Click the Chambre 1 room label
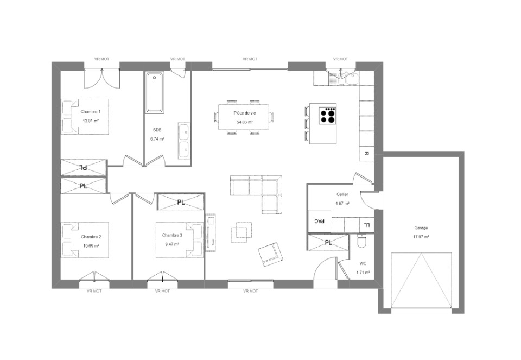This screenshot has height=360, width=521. [91, 112]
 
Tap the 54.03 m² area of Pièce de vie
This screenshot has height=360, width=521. [245, 122]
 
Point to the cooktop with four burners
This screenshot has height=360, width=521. [327, 116]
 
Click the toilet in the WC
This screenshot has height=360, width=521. [361, 241]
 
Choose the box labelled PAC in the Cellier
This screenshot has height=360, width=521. [319, 221]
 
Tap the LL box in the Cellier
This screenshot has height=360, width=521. [367, 225]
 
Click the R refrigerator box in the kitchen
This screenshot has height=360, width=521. [366, 154]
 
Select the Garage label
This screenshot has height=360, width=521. [421, 228]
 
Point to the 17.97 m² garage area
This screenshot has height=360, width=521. [421, 237]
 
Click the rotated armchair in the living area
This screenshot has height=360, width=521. [271, 254]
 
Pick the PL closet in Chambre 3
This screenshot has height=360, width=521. [180, 202]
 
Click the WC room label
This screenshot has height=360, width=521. [363, 263]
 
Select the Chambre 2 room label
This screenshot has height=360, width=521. [91, 237]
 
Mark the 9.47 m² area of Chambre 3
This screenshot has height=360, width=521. [173, 244]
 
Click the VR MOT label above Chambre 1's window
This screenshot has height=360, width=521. [101, 59]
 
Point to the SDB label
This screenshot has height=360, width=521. [157, 130]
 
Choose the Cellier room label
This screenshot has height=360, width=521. [342, 194]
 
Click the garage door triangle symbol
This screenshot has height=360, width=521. [421, 281]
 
